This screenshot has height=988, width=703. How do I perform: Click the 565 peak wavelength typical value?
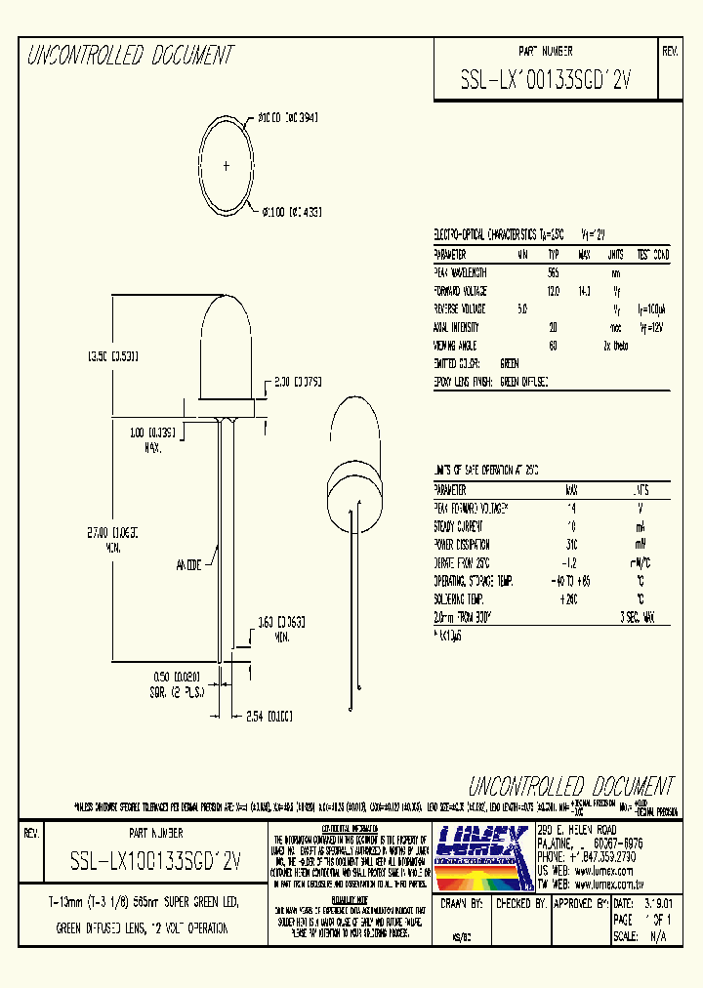[554, 273]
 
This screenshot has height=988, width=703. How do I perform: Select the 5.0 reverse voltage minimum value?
[523, 309]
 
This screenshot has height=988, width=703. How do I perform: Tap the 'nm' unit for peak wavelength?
[615, 273]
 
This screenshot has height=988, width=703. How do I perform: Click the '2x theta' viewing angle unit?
[614, 346]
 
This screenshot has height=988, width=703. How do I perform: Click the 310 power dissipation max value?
[571, 545]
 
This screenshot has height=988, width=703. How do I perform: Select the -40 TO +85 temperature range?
[570, 581]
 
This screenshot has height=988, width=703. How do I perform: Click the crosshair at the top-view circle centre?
[227, 167]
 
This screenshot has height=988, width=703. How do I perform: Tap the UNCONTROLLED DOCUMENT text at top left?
[129, 56]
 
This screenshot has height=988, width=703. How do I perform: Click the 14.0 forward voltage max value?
[585, 291]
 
